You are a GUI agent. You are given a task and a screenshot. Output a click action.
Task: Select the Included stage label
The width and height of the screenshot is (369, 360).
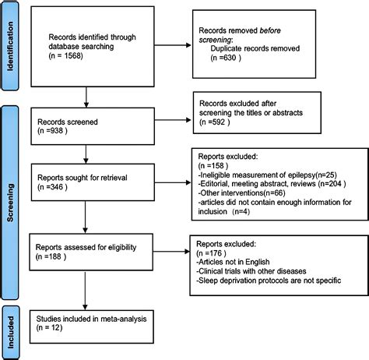pos(11,330)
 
